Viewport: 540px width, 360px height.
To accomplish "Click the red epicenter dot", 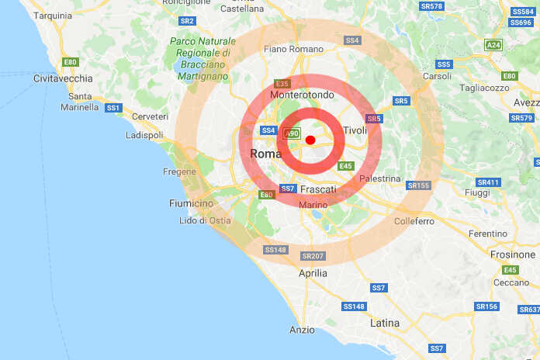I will tap(310, 140).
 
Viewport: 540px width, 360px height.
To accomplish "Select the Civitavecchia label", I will tap(63, 78).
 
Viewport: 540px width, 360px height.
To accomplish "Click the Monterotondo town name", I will tap(302, 94).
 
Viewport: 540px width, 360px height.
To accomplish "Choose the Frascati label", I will tap(317, 189).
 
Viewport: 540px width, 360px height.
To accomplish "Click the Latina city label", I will tap(385, 323).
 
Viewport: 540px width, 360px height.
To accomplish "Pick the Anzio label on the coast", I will tap(302, 330).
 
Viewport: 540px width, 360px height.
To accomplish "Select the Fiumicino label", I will tap(191, 203).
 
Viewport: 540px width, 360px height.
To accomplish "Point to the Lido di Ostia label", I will tap(205, 220).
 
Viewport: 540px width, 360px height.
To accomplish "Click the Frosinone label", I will tap(513, 254).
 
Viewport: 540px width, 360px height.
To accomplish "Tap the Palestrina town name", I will tap(381, 179).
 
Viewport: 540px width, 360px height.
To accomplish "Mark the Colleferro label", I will tap(414, 221).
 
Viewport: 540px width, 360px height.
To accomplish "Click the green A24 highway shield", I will tap(493, 45).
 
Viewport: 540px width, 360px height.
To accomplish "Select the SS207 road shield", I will tap(313, 256).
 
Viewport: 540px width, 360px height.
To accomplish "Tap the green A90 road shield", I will tap(291, 133).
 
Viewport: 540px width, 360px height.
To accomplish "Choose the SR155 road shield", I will tap(419, 185).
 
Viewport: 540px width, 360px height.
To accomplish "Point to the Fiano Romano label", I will tap(293, 50).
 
